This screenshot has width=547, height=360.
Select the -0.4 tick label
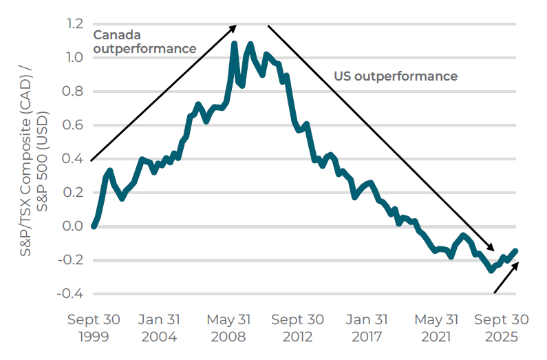tap(70, 294)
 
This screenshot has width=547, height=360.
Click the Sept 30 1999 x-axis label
tap(94, 328)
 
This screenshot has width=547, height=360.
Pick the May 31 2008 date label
tap(228, 328)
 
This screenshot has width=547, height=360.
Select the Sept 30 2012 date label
tap(297, 328)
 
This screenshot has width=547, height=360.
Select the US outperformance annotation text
tap(396, 76)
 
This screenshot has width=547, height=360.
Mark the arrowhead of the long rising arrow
tap(234, 27)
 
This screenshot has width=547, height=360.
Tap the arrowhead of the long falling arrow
tap(491, 248)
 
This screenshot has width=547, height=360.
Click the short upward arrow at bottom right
tap(506, 277)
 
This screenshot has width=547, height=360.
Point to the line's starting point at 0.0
tap(94, 226)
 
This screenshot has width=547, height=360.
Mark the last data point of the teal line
tap(515, 251)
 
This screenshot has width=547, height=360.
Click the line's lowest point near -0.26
tap(491, 270)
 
